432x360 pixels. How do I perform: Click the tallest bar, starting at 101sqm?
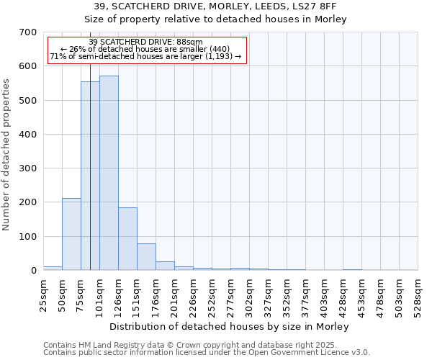click(109, 173)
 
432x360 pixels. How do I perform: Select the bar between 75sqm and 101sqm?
click(90, 176)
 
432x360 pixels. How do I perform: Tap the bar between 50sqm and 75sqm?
click(71, 234)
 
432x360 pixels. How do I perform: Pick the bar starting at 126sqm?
click(127, 238)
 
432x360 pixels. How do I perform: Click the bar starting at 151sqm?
click(146, 256)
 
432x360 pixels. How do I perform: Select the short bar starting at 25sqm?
click(53, 268)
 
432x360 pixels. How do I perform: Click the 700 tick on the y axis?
click(28, 32)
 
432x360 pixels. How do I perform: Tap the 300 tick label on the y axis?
click(28, 168)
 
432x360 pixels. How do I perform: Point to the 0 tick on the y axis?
click(34, 271)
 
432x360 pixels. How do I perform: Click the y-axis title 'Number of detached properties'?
click(7, 155)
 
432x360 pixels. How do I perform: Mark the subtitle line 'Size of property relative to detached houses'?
click(216, 19)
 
